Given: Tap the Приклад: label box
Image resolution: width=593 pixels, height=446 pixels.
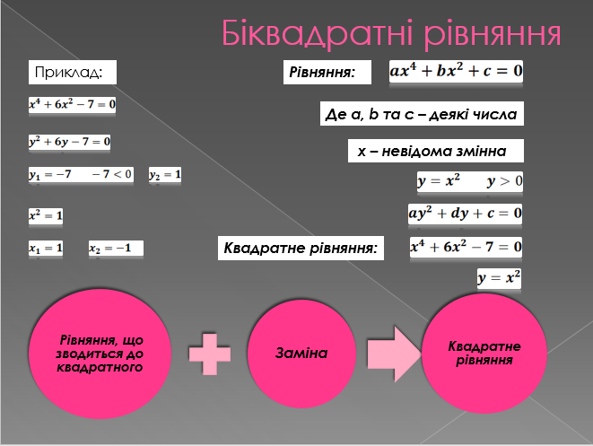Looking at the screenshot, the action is click(x=73, y=72).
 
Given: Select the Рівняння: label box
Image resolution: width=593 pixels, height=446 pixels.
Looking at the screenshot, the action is click(x=327, y=72).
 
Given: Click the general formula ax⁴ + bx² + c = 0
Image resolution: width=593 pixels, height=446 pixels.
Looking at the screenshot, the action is click(x=456, y=71).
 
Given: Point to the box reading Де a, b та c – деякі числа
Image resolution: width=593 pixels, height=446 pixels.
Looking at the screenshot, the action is click(x=422, y=113).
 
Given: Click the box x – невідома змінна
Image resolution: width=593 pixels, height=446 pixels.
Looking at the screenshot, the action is click(x=436, y=151).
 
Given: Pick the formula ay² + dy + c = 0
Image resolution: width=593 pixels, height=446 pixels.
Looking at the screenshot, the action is click(x=466, y=214).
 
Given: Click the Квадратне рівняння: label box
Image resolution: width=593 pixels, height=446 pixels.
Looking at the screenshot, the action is click(x=301, y=249).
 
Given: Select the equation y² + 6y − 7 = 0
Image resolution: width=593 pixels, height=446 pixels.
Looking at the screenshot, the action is click(x=70, y=142).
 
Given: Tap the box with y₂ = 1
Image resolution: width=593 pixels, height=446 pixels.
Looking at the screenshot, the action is click(x=165, y=174).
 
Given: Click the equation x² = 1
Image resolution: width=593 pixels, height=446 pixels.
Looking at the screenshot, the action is click(x=46, y=215).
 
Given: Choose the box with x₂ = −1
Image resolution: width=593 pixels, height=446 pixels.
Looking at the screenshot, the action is click(x=116, y=249).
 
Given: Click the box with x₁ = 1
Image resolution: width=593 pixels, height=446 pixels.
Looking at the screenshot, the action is click(x=46, y=249).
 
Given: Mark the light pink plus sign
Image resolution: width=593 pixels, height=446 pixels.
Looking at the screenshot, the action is click(x=210, y=354).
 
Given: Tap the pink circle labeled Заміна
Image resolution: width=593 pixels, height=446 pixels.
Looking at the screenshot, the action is click(x=301, y=354).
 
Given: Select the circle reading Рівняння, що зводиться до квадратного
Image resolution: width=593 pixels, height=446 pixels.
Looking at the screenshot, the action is click(x=100, y=354).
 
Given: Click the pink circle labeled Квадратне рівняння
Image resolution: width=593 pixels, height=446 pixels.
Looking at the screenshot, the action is click(x=484, y=354).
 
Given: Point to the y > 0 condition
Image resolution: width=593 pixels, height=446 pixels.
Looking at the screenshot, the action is click(x=504, y=181).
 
